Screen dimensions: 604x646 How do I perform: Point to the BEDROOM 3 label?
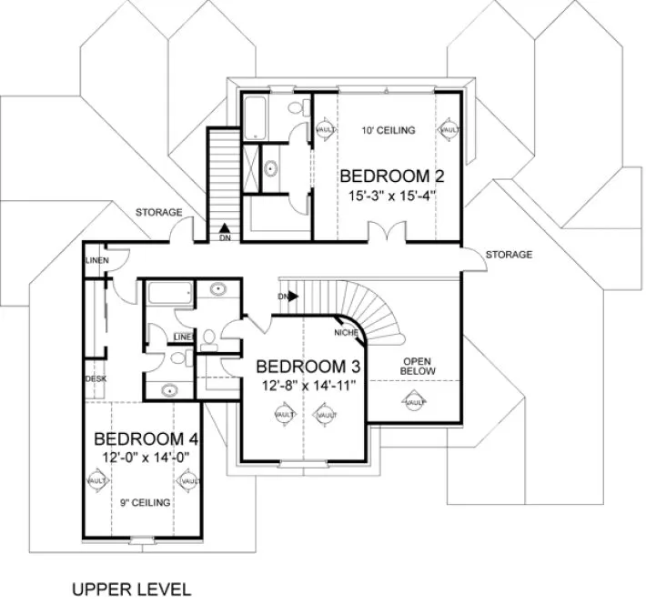tap(309, 367)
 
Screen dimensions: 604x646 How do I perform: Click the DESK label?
tap(96, 378)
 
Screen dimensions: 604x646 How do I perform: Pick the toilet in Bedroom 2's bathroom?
tap(298, 109)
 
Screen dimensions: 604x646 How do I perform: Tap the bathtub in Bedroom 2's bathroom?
tap(253, 116)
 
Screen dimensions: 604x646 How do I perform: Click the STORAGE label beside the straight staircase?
tap(159, 213)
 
